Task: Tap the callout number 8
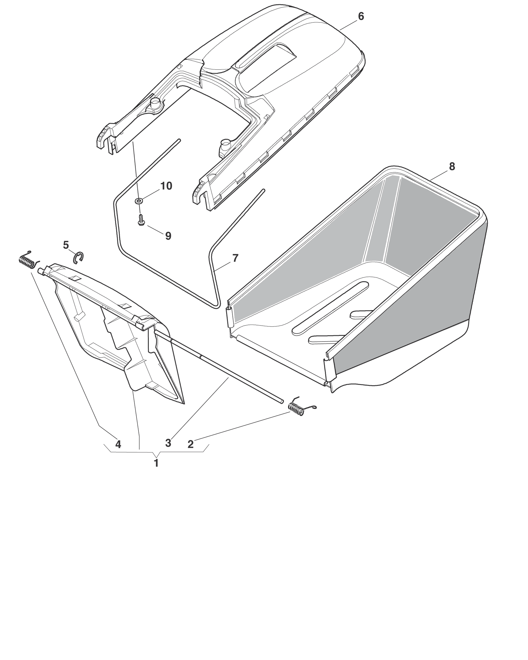[452, 167]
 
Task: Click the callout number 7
[235, 258]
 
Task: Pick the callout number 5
[66, 245]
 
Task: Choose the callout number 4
[118, 444]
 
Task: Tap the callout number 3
[168, 443]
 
